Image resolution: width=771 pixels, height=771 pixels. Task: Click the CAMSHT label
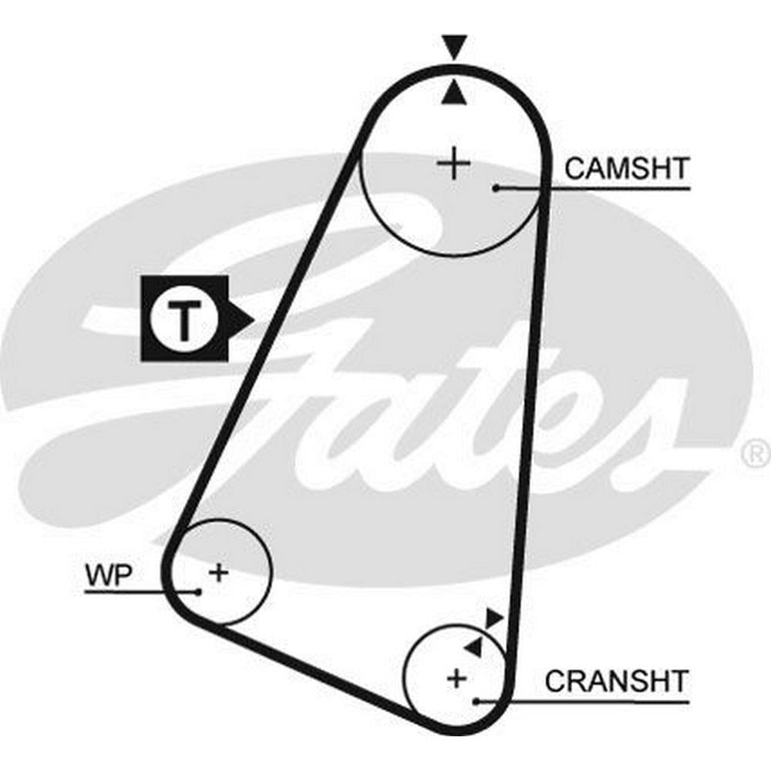click(627, 169)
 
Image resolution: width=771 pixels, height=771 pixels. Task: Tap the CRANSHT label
click(616, 682)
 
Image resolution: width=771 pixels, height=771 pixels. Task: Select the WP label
click(109, 574)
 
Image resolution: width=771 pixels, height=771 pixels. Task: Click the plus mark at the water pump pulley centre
click(219, 573)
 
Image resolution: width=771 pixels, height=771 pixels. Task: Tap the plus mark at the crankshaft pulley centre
click(456, 679)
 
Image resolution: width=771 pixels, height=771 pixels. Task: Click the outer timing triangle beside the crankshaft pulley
click(493, 618)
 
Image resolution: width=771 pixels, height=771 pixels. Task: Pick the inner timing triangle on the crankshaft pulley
click(474, 647)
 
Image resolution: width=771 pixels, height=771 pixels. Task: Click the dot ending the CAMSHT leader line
click(497, 188)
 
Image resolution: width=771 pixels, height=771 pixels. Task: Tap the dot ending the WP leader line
click(197, 591)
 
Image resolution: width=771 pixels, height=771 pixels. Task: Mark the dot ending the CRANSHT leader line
click(476, 701)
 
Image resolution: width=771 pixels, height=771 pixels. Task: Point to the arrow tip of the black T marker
click(254, 321)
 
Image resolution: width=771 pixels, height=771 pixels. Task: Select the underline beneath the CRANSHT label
click(583, 701)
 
